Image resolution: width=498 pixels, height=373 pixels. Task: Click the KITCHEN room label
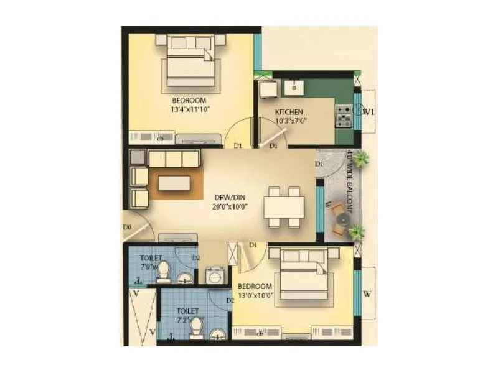[x=289, y=112]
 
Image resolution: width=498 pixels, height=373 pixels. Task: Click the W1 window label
[x=369, y=113]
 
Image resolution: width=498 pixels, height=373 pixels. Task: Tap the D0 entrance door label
[x=127, y=228]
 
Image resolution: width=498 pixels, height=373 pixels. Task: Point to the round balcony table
[x=341, y=218]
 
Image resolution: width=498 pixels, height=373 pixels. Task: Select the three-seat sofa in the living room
[x=174, y=160]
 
